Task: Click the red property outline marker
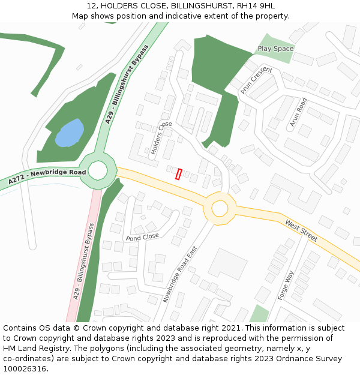(x=178, y=174)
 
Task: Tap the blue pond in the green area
(x=69, y=133)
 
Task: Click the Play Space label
(x=275, y=49)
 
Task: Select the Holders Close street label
(x=161, y=139)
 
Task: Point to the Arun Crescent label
(x=256, y=80)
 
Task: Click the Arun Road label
(x=298, y=112)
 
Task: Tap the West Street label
(x=301, y=231)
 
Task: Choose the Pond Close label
(x=142, y=236)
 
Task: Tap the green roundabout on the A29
(x=98, y=171)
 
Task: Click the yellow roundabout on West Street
(x=220, y=208)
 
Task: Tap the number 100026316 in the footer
(x=25, y=368)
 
